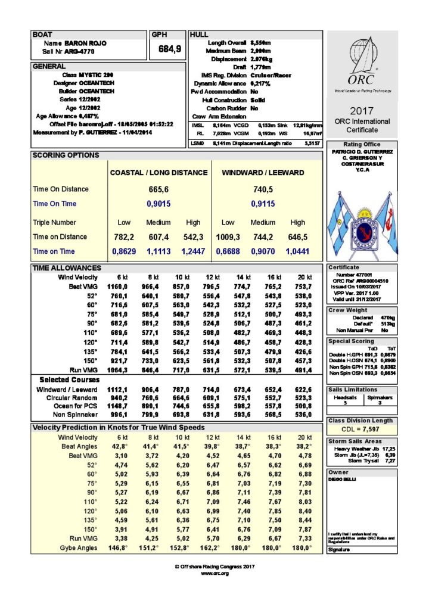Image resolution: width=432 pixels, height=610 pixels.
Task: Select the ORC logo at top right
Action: (362, 64)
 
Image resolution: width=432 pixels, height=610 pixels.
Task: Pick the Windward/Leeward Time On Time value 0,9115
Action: (263, 204)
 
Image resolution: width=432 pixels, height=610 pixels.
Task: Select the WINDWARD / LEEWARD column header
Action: (263, 173)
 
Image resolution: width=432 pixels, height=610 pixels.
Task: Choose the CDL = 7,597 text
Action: (362, 430)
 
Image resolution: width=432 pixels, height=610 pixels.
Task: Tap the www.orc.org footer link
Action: (215, 573)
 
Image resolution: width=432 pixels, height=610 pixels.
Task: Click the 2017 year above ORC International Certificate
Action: (362, 111)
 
